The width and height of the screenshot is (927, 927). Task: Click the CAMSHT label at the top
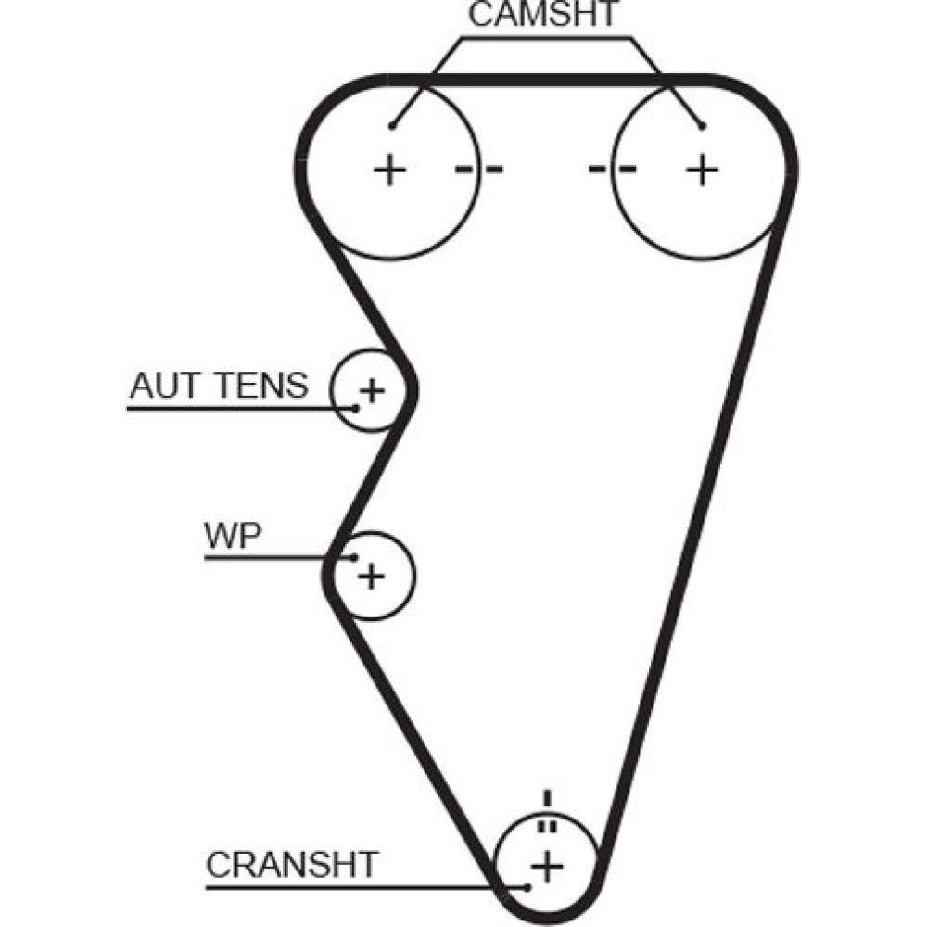542,16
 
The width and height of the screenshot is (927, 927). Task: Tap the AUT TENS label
219,385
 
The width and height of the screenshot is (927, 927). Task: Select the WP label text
232,537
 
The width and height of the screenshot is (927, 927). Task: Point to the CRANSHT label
292,865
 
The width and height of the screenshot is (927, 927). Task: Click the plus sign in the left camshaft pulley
390,170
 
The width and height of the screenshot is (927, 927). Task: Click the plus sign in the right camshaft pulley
702,170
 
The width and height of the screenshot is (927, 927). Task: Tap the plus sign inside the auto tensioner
371,390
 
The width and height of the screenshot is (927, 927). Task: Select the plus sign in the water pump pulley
371,577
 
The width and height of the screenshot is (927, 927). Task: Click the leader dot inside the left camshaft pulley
393,125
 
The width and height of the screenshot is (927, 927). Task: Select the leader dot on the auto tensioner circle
354,407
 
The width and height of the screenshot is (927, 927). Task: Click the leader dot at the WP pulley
356,557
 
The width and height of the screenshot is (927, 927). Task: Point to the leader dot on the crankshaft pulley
527,886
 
